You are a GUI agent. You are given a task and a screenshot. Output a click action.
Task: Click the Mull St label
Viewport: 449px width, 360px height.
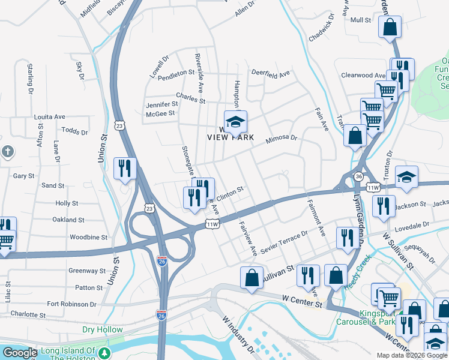361,20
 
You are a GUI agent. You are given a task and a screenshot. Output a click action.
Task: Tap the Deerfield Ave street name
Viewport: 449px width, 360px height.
270,73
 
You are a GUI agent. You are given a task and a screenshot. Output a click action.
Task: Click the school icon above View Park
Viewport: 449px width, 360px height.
236,122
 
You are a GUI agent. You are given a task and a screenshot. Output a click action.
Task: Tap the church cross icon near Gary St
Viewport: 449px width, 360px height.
7,152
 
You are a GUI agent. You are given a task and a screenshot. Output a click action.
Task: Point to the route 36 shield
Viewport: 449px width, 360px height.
358,177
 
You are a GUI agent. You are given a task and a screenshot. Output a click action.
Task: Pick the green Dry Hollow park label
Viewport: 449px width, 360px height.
102,329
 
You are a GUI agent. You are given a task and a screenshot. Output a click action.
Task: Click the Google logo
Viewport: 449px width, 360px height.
19,353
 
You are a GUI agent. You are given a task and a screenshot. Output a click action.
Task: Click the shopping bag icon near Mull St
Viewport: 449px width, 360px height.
390,28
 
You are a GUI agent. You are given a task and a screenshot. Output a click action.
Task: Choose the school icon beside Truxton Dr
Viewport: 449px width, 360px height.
406,177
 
